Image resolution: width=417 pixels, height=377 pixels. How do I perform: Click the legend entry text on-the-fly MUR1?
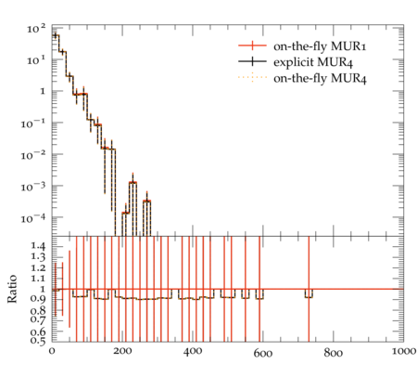coord(320,46)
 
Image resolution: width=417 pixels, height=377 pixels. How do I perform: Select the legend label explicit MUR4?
coord(313,62)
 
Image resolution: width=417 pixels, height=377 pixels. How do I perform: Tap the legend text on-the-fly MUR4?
coord(320,78)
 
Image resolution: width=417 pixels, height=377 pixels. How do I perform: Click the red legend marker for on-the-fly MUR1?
coord(252,45)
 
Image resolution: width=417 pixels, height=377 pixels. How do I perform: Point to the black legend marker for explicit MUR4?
coord(252,62)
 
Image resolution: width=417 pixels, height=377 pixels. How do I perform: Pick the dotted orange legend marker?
coord(252,77)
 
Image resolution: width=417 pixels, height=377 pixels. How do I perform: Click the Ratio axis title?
coord(12,289)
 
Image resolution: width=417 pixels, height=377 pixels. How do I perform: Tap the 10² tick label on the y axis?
coord(36,29)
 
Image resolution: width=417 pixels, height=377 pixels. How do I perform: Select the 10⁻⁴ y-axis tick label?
coord(33,218)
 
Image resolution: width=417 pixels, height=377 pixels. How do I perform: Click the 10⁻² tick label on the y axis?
coord(33,155)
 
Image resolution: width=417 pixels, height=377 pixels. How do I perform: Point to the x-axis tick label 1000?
coord(403,352)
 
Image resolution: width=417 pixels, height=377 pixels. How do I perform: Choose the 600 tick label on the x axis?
coord(263,353)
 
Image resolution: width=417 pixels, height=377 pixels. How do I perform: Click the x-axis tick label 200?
coord(122,352)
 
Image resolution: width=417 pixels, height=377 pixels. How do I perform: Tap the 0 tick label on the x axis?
coord(52,352)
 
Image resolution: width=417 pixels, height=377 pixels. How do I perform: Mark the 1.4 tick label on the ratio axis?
coord(38,246)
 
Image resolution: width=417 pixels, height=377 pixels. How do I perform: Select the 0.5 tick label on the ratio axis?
coord(38,341)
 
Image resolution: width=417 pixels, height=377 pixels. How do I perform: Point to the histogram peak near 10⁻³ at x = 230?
coord(133,183)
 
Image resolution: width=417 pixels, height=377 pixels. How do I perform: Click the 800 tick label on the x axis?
coord(333,353)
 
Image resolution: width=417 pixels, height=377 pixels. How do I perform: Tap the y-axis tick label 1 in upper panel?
coord(42,92)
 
